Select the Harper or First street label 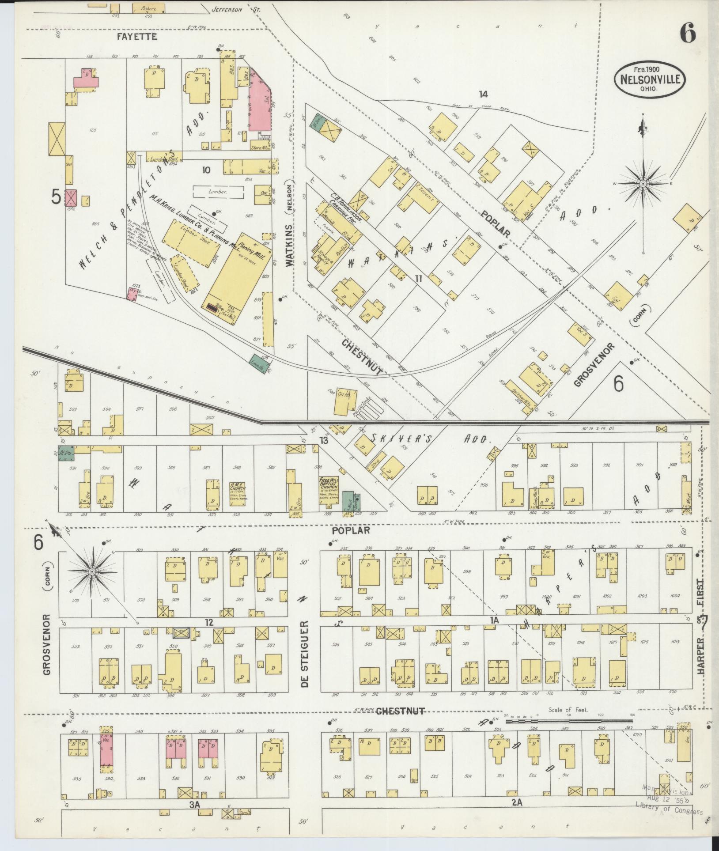(x=702, y=633)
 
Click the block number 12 (x=209, y=622)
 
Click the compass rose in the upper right (x=643, y=182)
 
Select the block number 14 (x=483, y=94)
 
